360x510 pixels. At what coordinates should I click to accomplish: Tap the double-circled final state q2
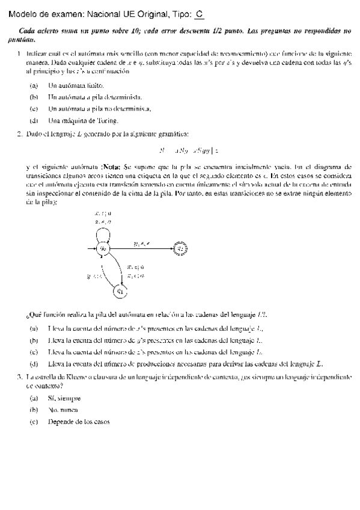click(x=180, y=248)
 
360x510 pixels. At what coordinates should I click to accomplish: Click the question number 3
click(x=20, y=376)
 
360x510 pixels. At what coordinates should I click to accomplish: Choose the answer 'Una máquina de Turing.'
click(x=78, y=120)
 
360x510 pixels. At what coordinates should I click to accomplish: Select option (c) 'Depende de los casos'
click(x=79, y=422)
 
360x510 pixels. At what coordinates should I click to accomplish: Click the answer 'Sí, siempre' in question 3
click(x=64, y=399)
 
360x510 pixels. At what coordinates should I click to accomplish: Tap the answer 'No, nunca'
click(x=63, y=410)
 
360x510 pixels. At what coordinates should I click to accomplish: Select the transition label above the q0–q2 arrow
click(x=141, y=243)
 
